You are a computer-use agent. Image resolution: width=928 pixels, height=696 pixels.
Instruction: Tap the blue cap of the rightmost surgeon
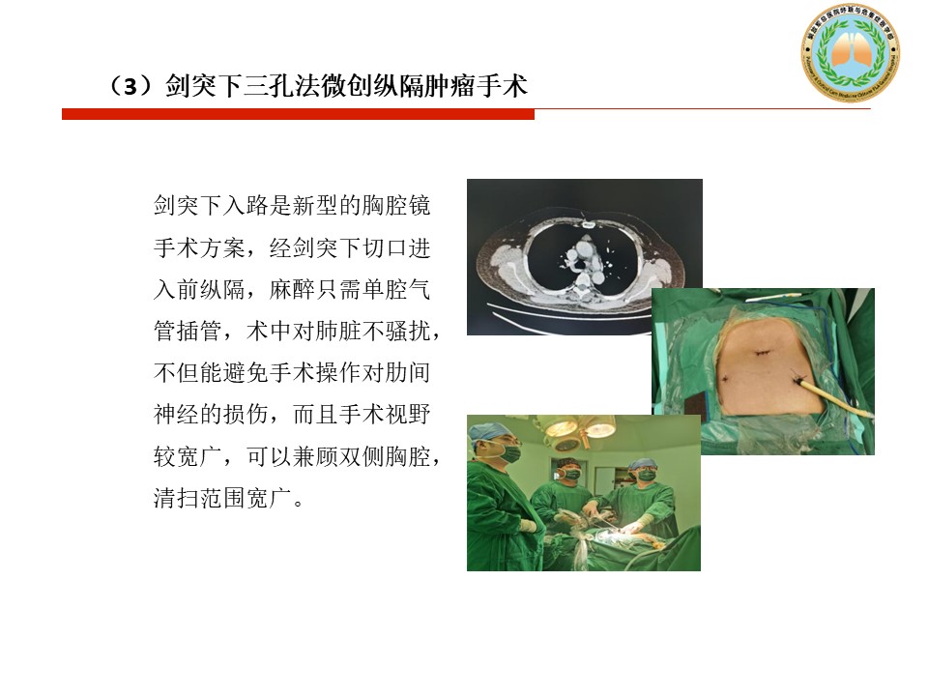(642, 465)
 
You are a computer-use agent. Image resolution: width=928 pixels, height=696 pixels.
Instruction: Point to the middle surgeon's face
(570, 472)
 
